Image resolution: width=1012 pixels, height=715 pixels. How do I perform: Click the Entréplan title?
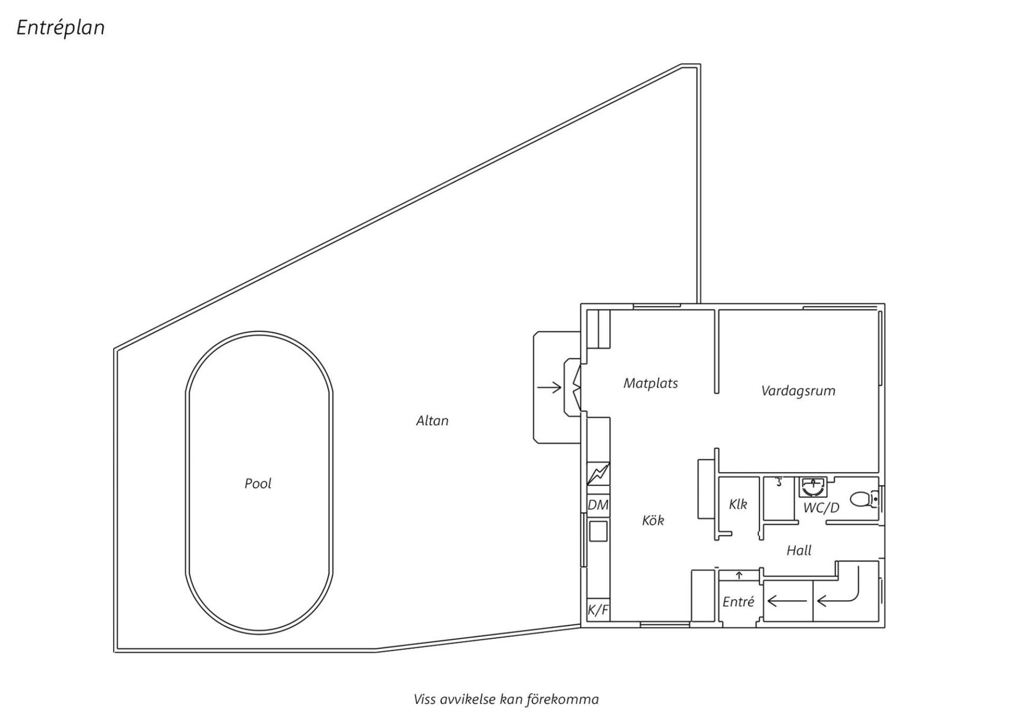click(x=61, y=28)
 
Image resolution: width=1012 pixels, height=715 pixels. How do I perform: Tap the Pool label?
click(x=258, y=484)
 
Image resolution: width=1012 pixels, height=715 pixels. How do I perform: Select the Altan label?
click(x=432, y=421)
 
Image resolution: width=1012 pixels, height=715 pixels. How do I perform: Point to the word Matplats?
click(x=651, y=384)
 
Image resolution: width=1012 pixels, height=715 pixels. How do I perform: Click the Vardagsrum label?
click(x=798, y=391)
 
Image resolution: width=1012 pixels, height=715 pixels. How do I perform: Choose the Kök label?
click(x=653, y=520)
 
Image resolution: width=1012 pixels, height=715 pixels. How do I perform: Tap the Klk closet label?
click(x=738, y=504)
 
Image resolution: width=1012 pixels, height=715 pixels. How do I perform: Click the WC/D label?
click(x=821, y=508)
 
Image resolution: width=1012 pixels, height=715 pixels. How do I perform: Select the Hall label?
click(x=799, y=551)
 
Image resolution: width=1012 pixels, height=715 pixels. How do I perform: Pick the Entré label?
click(x=738, y=602)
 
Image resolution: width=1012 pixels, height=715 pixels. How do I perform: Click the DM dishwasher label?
click(x=598, y=505)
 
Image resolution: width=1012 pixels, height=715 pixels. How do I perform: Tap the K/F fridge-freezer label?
click(x=598, y=611)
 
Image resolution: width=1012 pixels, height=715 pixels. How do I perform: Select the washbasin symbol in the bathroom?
click(x=813, y=487)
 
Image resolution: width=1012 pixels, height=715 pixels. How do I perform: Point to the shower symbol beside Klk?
click(x=779, y=481)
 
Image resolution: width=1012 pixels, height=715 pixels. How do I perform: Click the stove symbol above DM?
click(x=598, y=474)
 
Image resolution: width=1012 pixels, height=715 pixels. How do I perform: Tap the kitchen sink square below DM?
click(x=598, y=531)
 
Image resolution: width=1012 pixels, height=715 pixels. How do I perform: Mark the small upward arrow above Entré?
click(x=739, y=575)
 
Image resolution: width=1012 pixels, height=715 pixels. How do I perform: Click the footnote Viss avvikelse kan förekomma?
click(x=506, y=699)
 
